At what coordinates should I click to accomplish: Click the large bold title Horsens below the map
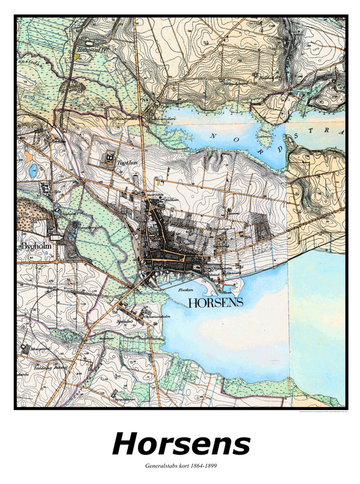click(x=181, y=444)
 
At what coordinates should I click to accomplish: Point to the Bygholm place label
click(x=34, y=247)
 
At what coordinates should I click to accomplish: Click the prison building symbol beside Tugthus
click(x=110, y=159)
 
